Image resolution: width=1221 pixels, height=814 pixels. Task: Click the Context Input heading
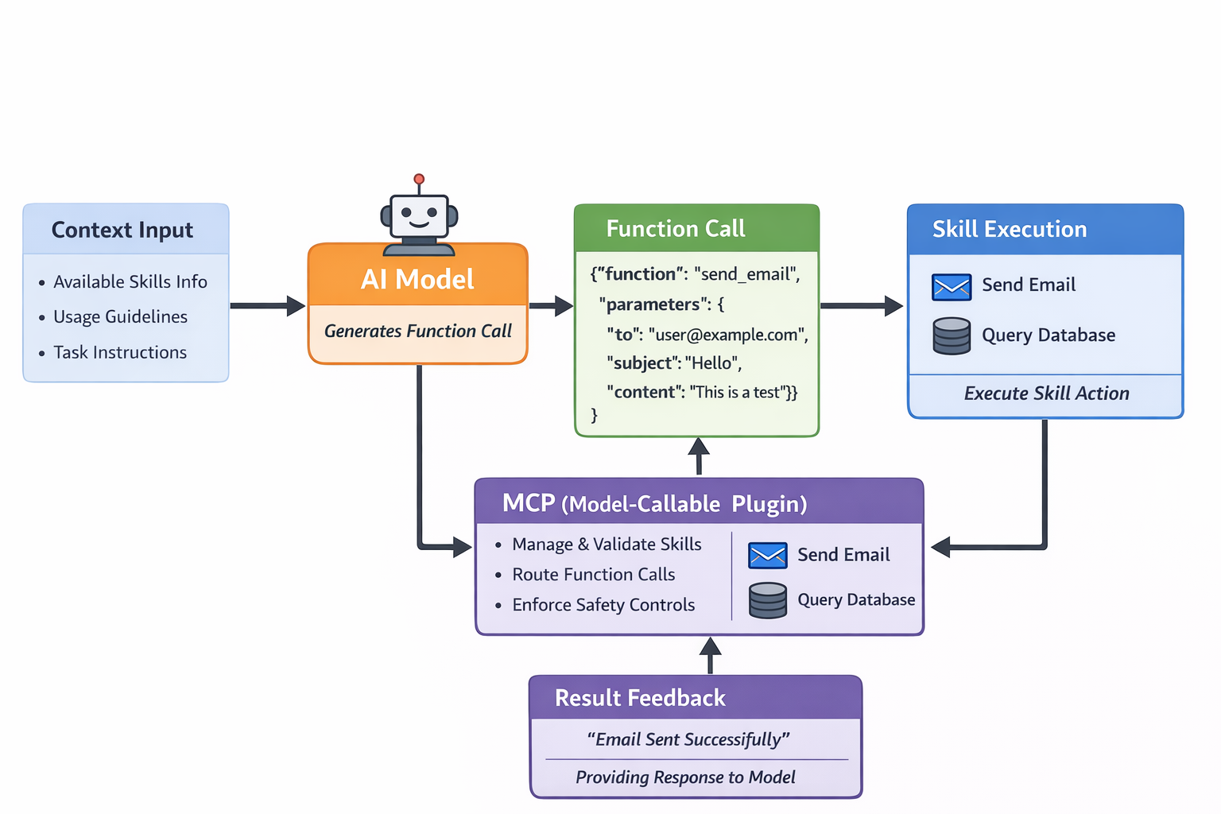[x=122, y=230]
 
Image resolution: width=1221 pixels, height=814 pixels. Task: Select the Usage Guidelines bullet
[x=120, y=316]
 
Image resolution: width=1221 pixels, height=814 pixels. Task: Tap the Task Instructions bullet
[x=120, y=352]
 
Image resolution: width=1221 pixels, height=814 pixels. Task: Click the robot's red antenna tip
[x=419, y=180]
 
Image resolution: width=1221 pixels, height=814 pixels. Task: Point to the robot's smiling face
[x=419, y=215]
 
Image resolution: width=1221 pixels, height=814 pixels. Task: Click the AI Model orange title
[x=417, y=279]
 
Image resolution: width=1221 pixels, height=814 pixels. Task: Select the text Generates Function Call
[x=417, y=331]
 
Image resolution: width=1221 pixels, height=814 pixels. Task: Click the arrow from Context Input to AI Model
[x=267, y=305]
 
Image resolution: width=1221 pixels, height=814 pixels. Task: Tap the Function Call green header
[x=676, y=229]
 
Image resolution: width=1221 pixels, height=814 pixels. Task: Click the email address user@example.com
[x=727, y=335]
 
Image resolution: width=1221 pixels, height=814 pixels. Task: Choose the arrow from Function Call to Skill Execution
[x=862, y=305]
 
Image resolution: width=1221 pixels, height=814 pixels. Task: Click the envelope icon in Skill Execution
[x=952, y=287]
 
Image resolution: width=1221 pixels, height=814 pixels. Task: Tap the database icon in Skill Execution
[x=952, y=335]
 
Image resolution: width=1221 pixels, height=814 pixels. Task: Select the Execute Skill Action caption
[x=1046, y=393]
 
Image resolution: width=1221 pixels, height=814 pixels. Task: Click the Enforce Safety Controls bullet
[x=603, y=605]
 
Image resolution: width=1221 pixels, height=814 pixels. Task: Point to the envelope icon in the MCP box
[x=767, y=556]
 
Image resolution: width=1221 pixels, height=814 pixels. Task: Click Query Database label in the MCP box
[x=856, y=600]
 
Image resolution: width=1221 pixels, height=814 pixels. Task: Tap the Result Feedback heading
[x=640, y=698]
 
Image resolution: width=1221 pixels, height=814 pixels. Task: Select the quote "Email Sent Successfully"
[x=688, y=739]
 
